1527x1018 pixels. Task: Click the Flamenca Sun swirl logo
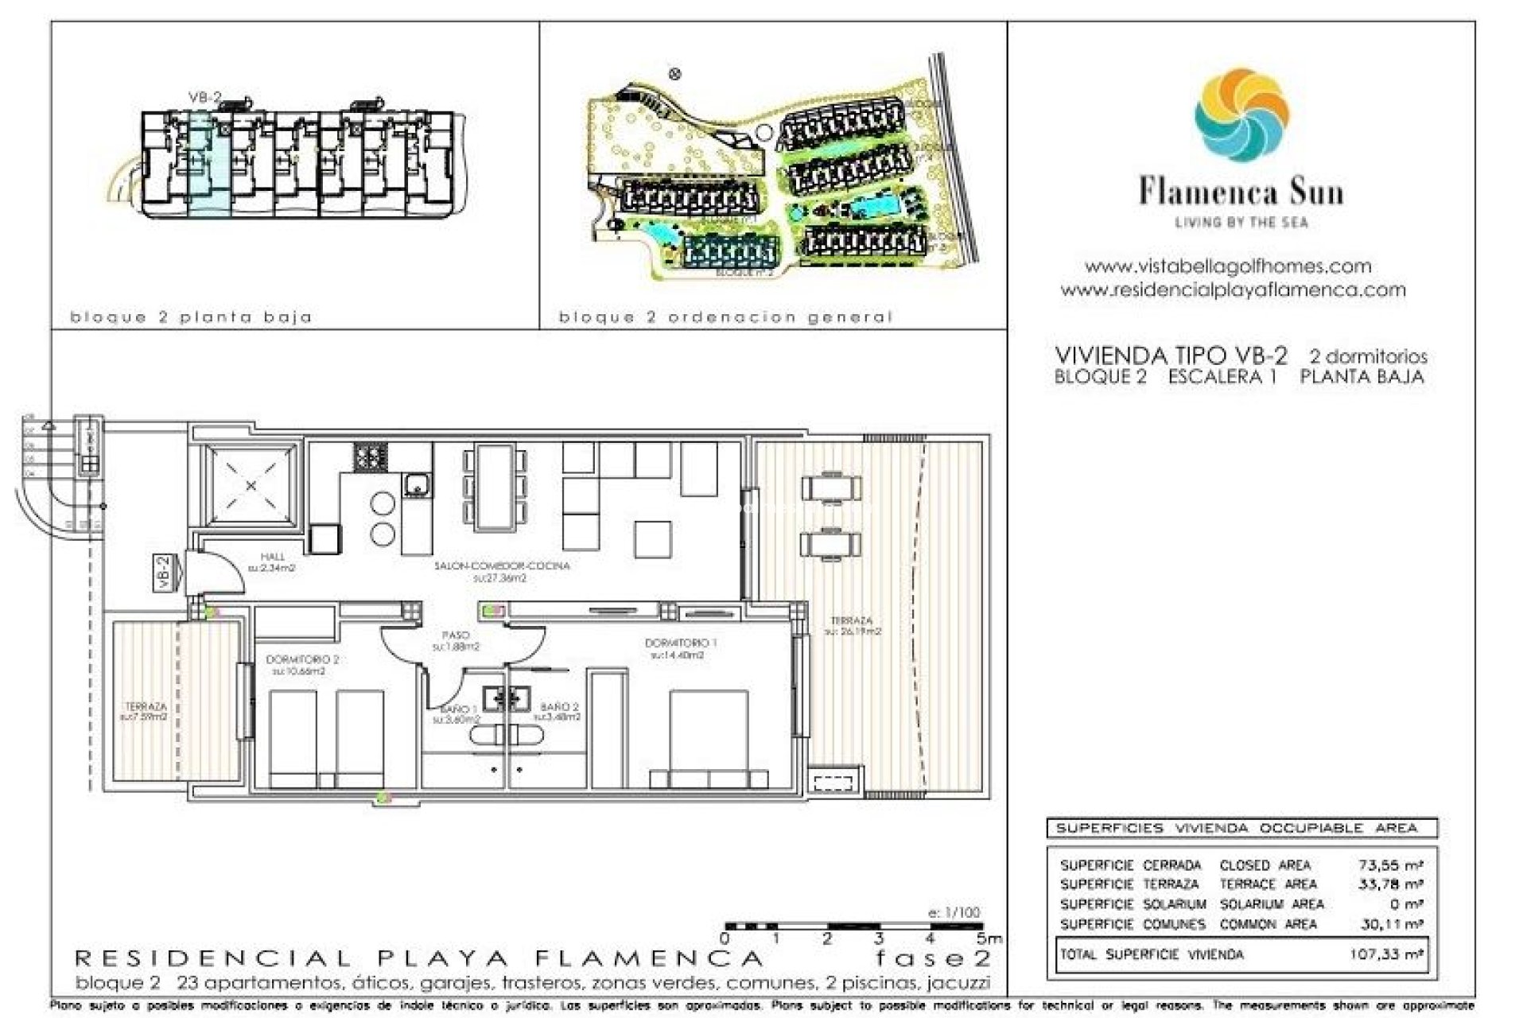pos(1241,115)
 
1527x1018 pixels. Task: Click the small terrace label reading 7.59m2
pos(146,711)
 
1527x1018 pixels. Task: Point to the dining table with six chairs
pos(495,487)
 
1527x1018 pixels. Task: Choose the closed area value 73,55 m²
pos(1390,865)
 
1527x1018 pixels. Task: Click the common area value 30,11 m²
pos(1390,924)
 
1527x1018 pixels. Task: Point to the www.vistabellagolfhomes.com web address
pos(1228,266)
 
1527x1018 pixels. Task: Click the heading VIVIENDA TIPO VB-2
pos(1170,355)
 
